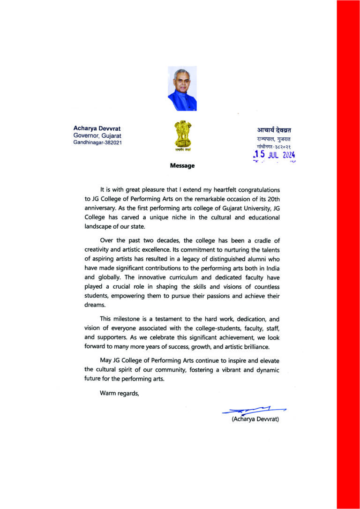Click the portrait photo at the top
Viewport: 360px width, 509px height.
click(182, 89)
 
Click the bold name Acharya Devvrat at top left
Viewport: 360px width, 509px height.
click(97, 128)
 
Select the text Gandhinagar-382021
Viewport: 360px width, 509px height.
click(97, 142)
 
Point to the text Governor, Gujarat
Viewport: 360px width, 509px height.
click(97, 135)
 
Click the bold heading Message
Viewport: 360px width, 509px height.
click(182, 165)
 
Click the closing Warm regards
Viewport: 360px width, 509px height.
click(120, 393)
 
